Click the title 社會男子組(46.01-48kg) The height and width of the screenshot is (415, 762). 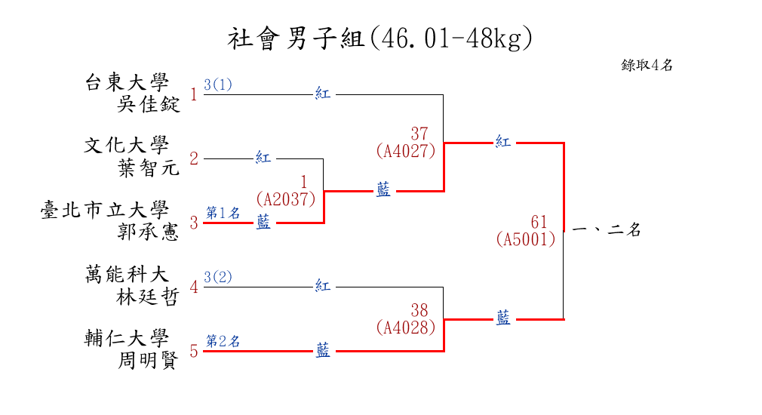380,38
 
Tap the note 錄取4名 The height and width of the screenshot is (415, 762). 647,66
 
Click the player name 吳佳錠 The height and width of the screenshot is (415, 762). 149,103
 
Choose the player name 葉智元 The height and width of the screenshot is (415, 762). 149,168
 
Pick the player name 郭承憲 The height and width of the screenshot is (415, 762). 149,232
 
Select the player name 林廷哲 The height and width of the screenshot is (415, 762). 149,297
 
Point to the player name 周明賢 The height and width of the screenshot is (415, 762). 149,361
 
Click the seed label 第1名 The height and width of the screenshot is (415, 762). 223,213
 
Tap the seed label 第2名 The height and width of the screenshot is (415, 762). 223,341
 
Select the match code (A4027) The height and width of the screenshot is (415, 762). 406,151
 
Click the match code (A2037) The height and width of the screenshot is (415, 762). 285,199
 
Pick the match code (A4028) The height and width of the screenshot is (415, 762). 406,327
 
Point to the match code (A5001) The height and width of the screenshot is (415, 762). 526,239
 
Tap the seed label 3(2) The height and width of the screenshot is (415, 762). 218,277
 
